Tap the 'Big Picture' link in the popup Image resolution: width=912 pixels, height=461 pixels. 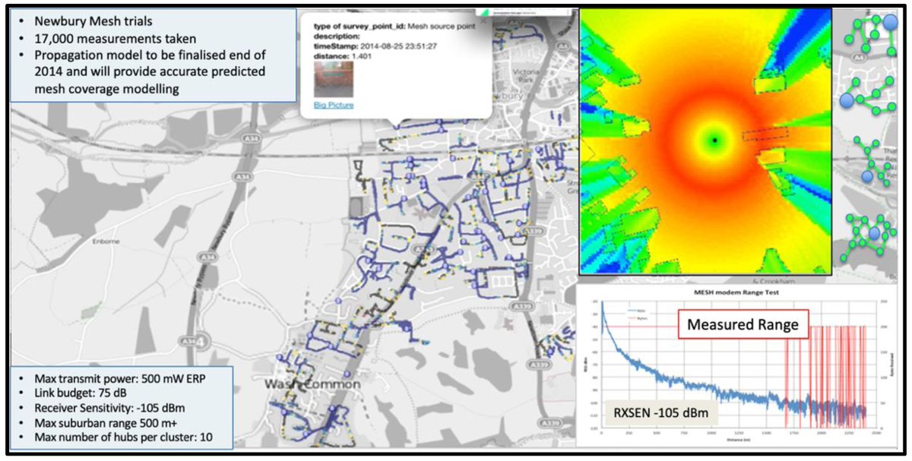(334, 105)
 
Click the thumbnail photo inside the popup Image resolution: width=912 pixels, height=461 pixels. (334, 78)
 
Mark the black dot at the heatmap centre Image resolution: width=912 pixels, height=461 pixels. (714, 140)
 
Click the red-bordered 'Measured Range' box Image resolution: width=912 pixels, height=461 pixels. (743, 324)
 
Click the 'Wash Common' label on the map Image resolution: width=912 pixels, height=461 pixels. (312, 385)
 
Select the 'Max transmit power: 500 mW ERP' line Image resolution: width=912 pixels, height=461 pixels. (113, 378)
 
